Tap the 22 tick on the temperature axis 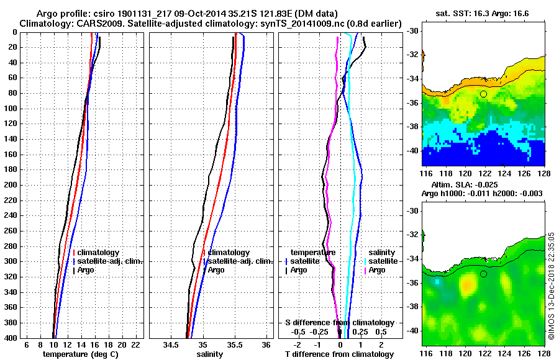[x=135, y=344]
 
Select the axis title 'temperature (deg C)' [x=80, y=354]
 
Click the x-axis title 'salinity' [x=210, y=354]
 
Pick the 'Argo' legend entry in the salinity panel [x=216, y=270]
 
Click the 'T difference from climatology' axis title [x=339, y=354]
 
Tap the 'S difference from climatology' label [x=339, y=323]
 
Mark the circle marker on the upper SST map [x=483, y=94]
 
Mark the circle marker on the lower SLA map [x=483, y=274]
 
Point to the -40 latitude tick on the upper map [x=411, y=151]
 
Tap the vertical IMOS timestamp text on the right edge [x=551, y=285]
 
